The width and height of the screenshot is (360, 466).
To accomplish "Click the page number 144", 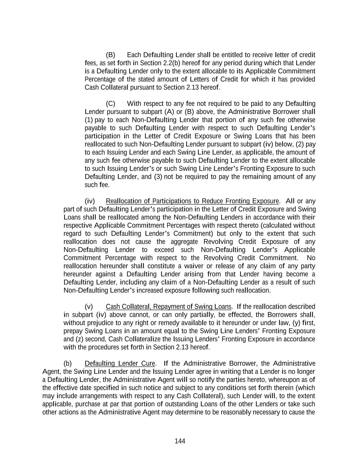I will [x=180, y=441].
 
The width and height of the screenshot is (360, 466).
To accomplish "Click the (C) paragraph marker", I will [x=110, y=103].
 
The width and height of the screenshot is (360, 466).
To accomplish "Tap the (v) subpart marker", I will [x=89, y=307].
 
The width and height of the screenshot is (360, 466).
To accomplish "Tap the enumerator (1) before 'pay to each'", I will [x=88, y=120].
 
